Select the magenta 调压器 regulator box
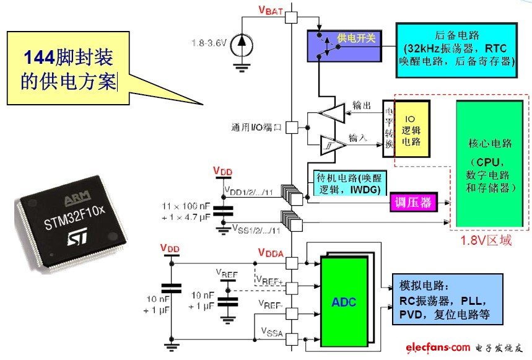pos(411,202)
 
